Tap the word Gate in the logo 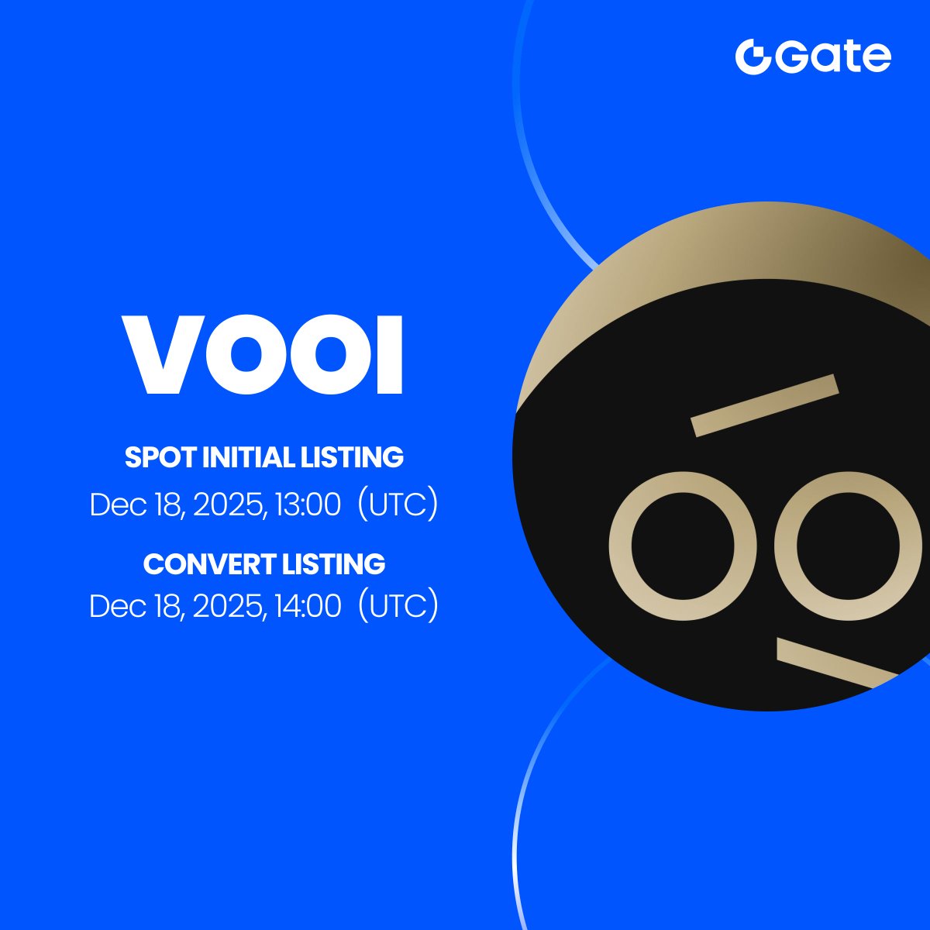point(830,57)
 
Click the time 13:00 point(309,505)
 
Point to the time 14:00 point(309,606)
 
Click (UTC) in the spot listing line point(398,505)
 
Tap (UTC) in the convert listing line point(398,606)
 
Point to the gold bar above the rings point(764,405)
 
